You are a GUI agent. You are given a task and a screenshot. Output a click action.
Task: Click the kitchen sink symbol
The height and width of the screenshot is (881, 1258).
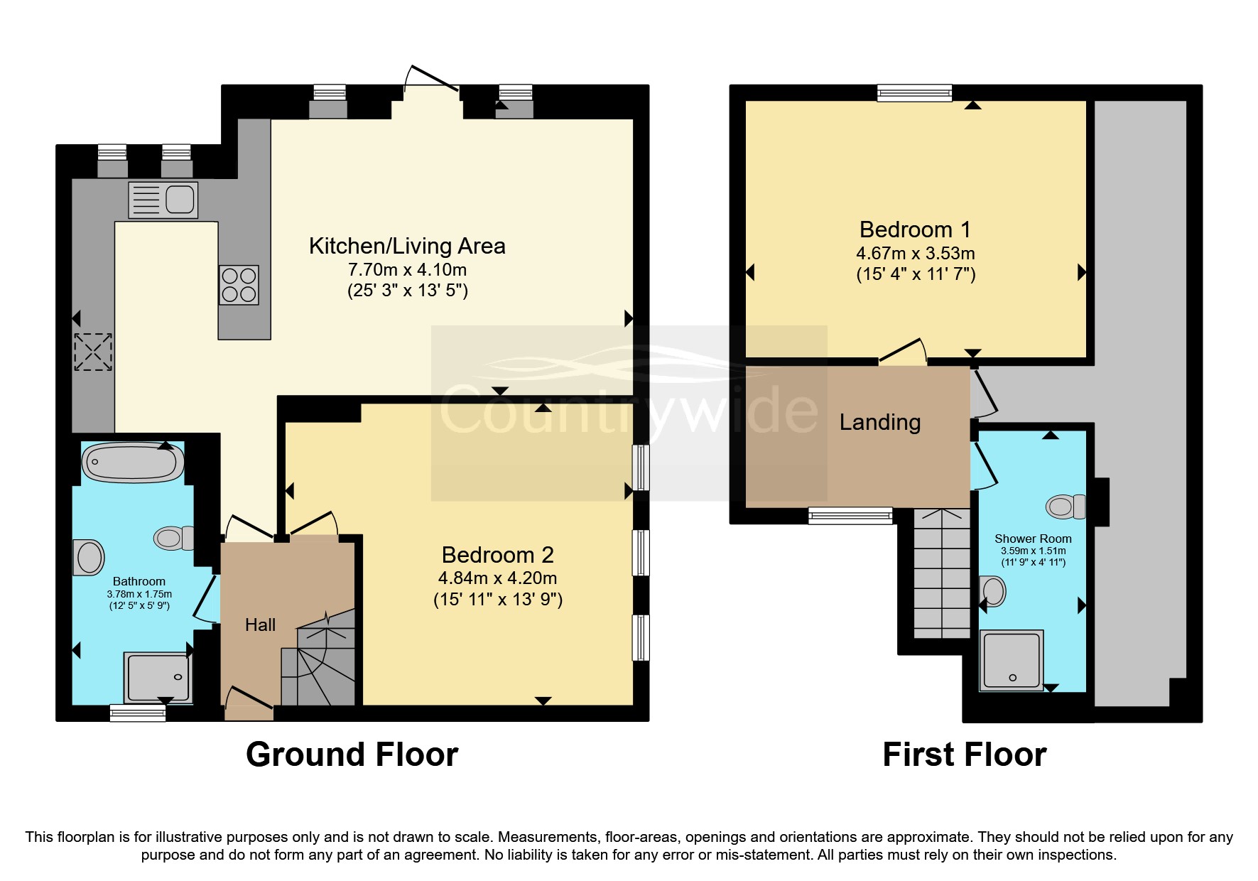(163, 200)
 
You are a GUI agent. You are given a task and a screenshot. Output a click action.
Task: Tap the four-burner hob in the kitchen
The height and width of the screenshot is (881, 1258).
(239, 285)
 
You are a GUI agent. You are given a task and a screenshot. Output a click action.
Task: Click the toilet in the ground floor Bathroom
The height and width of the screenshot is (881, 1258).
(173, 538)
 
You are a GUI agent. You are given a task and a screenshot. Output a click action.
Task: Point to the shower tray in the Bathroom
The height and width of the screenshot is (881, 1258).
(158, 676)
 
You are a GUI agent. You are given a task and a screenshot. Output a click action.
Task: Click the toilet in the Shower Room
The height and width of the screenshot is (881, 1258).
(1065, 507)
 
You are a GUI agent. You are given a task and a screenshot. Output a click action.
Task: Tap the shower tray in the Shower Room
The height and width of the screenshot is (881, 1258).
(1012, 660)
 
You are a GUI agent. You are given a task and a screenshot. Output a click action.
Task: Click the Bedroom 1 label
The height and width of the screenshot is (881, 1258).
(914, 229)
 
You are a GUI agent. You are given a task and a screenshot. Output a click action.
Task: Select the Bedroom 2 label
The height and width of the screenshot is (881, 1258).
(497, 554)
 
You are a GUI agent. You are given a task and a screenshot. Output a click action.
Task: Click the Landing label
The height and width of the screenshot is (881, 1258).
(879, 422)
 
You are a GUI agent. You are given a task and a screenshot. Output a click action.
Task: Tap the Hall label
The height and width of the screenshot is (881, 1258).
(260, 625)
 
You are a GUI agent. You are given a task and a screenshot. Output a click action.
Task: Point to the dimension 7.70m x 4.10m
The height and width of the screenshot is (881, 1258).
(407, 270)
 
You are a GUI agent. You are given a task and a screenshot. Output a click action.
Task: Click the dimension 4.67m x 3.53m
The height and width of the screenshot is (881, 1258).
(915, 254)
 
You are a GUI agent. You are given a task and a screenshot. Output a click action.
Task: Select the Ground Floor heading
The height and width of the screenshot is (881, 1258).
(352, 755)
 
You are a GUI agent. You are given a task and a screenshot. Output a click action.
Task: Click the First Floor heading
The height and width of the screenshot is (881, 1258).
(964, 755)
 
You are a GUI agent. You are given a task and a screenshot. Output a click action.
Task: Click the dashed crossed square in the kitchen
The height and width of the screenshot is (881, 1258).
(93, 352)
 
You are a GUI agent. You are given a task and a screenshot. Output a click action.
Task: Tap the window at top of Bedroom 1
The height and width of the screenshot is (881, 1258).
(914, 92)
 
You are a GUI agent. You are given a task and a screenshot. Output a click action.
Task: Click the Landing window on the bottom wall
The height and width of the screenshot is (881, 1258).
(850, 515)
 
